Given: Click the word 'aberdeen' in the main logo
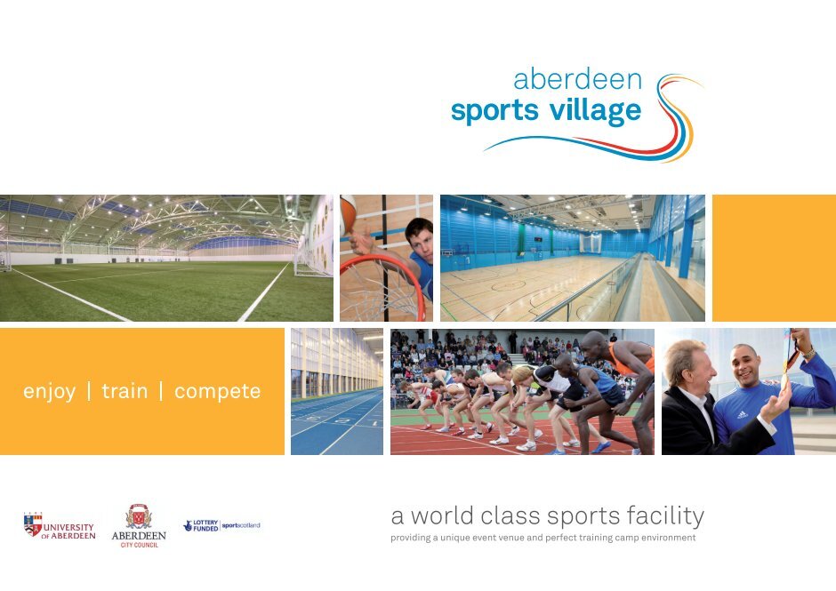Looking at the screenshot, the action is click(577, 79).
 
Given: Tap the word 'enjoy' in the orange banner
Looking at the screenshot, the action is click(49, 392).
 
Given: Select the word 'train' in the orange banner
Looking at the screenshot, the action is click(125, 391).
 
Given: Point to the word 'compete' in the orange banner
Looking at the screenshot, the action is click(218, 392).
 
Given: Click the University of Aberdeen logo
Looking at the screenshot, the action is click(60, 526).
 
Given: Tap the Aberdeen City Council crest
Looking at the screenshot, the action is click(139, 517).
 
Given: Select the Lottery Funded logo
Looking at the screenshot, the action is click(201, 526).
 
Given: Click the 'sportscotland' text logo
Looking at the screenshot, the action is click(241, 525).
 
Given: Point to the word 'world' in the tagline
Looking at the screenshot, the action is click(442, 515).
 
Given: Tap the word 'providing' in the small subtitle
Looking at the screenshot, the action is click(410, 538).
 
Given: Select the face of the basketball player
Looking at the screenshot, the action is click(419, 241).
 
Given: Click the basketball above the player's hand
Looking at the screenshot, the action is click(348, 212).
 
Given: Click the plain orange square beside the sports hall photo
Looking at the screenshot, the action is click(774, 258).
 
